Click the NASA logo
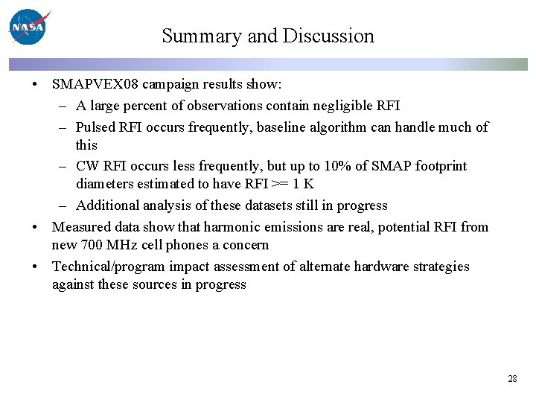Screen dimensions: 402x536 28,28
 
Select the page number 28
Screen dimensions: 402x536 512,379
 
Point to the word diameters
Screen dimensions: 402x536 105,184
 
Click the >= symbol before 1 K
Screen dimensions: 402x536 275,184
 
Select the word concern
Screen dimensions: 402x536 245,245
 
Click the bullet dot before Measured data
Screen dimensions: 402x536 36,227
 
